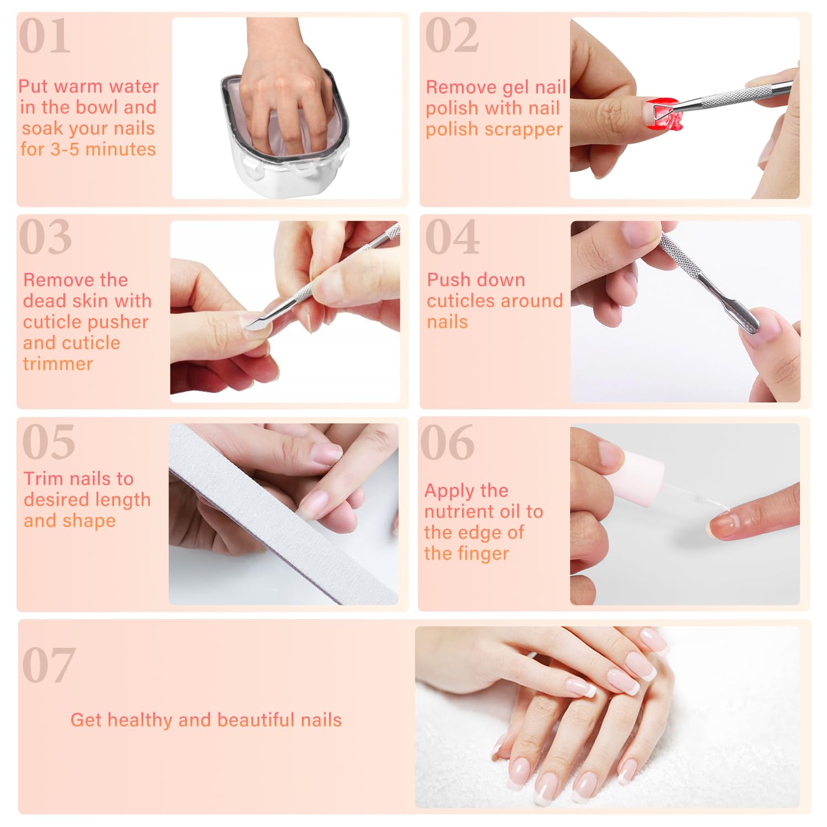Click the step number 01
tap(45, 36)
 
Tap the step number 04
tap(452, 237)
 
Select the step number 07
tap(49, 665)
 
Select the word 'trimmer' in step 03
tap(58, 364)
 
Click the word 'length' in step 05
tap(122, 500)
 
